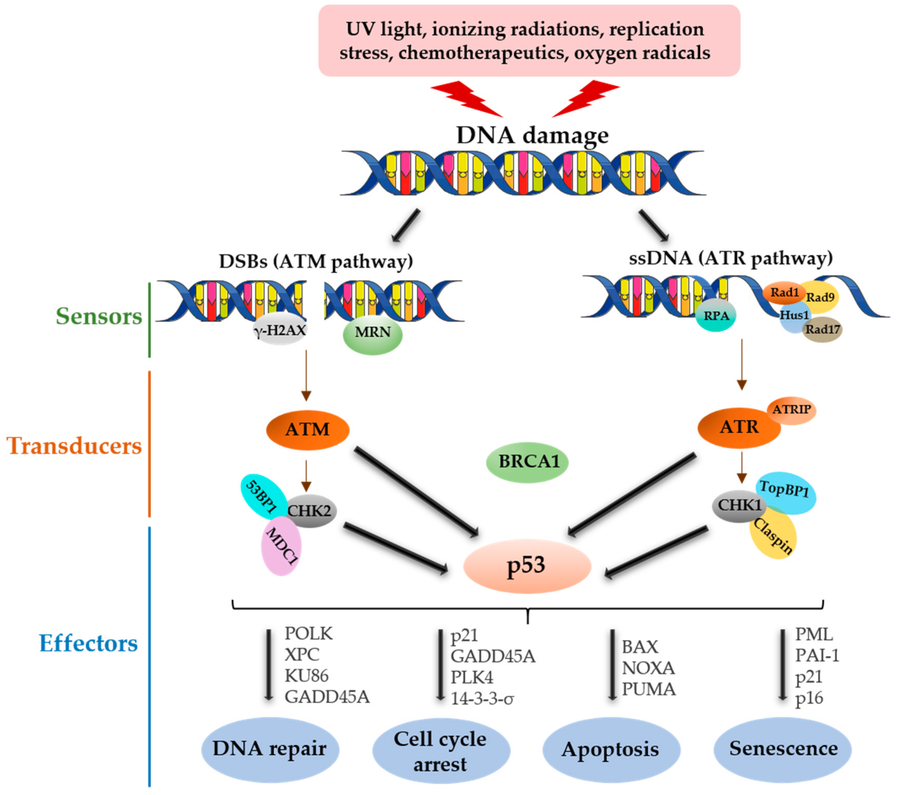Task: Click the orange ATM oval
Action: pos(307,429)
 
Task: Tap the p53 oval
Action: pos(527,566)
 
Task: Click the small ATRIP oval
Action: pos(792,410)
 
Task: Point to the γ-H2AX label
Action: pos(280,330)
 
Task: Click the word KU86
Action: pos(307,675)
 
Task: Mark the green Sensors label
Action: pos(99,317)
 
